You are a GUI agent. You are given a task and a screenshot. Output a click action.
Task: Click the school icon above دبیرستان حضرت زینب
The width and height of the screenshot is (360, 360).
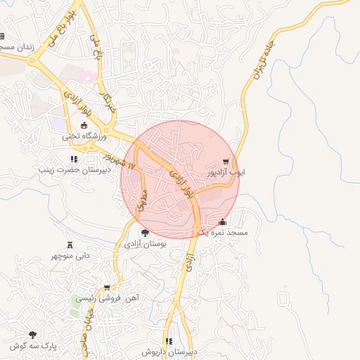[x=74, y=159]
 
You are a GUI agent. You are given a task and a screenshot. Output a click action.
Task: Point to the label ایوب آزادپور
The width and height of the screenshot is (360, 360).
[x=225, y=171]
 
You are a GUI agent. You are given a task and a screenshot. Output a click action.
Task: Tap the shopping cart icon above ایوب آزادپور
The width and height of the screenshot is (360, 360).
[x=225, y=160]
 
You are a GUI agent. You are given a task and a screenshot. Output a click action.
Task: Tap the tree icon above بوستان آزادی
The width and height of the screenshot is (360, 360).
[x=145, y=233]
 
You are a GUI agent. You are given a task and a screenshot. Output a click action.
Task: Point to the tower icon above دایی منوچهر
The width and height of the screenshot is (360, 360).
[x=70, y=245]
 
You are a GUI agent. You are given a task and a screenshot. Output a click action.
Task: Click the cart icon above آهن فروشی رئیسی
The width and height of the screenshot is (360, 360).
[x=106, y=288]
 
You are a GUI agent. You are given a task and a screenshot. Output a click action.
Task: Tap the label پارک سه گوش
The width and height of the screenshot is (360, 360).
[x=33, y=345]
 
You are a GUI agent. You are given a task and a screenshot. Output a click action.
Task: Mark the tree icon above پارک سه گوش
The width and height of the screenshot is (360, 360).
[x=32, y=335]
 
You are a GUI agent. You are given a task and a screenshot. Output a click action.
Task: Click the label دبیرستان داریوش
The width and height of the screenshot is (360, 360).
[x=169, y=351]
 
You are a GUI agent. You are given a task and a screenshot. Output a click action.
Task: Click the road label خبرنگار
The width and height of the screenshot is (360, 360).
[x=107, y=102]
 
